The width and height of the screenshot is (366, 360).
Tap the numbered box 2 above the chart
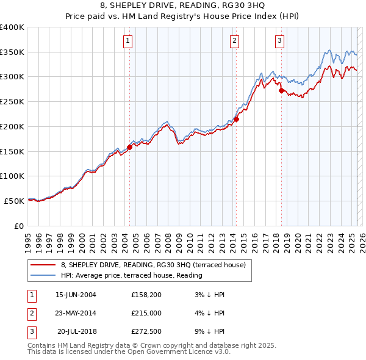pos(235,41)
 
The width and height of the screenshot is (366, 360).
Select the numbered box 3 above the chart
pos(279,41)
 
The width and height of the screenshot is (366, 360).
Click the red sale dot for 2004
pos(129,147)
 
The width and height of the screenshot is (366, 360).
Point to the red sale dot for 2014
pos(236,119)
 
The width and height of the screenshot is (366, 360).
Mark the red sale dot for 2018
pos(281,90)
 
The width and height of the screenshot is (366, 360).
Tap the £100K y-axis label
pos(12,176)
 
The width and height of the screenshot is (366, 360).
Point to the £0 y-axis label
pos(18,226)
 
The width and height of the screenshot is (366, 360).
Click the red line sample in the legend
pos(43,265)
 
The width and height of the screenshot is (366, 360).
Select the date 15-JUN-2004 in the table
pos(76,295)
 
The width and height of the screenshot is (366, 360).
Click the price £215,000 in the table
pos(147,314)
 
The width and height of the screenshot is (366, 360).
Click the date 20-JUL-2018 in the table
pos(77,332)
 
